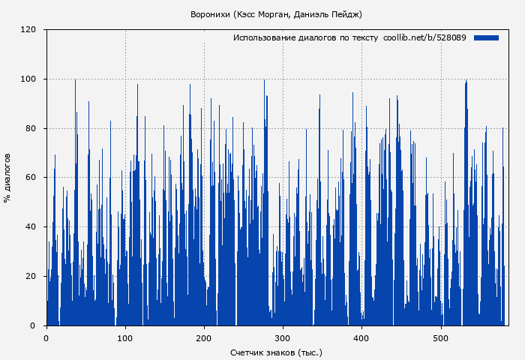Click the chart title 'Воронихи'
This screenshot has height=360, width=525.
(x=211, y=14)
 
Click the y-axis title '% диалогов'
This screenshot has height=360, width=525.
(x=7, y=178)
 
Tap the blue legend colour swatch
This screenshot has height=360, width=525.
(x=486, y=37)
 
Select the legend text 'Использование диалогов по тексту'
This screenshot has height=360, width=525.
(x=305, y=37)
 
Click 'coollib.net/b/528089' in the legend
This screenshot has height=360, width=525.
(x=424, y=37)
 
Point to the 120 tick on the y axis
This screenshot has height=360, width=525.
(x=29, y=30)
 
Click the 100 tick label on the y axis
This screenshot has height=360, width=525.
(x=29, y=79)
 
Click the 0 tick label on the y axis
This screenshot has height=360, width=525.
(x=34, y=325)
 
